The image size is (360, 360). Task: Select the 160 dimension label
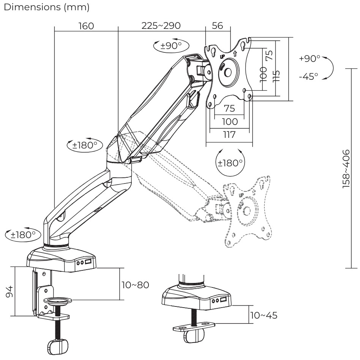click(x=86, y=26)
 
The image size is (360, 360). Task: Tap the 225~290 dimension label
click(x=161, y=26)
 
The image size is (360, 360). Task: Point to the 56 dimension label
click(x=218, y=26)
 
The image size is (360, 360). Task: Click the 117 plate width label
click(x=229, y=134)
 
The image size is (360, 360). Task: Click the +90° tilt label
click(x=310, y=59)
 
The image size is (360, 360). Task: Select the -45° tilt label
click(x=308, y=76)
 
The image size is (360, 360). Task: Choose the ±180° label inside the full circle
click(x=230, y=163)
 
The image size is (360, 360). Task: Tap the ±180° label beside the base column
click(x=24, y=234)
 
